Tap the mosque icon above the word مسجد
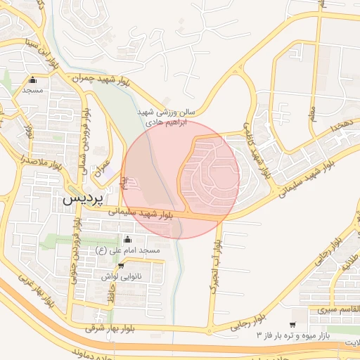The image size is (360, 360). [32, 80]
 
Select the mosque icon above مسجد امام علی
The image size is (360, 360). [127, 240]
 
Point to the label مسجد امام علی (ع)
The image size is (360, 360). [128, 250]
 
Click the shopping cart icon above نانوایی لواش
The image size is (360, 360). [122, 266]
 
